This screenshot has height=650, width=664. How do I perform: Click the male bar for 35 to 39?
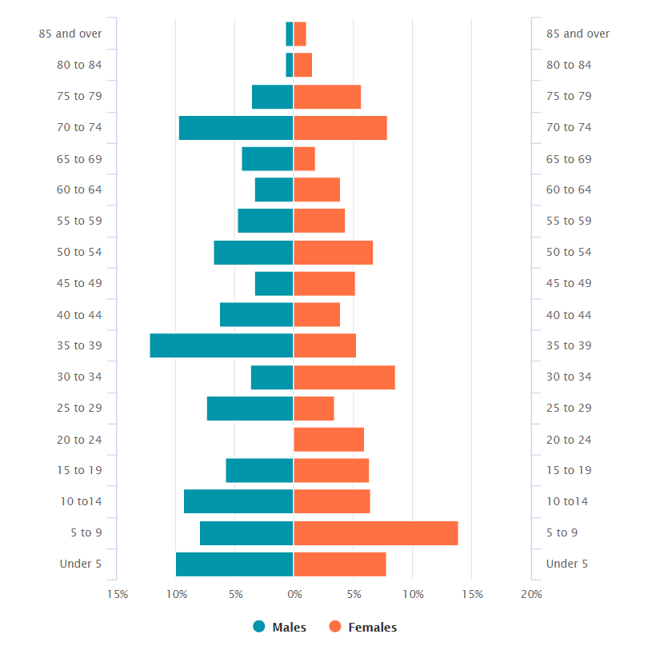pos(222,345)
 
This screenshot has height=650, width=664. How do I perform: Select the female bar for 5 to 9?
pos(376,533)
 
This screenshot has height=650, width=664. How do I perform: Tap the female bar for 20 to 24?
pos(329,440)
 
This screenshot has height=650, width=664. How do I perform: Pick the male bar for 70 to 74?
pos(236,128)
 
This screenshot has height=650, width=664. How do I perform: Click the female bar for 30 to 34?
pos(344,377)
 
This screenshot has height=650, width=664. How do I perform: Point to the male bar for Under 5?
pos(234,564)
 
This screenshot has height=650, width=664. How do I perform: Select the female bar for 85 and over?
pos(300,34)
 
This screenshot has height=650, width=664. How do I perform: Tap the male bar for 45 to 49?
pos(274,284)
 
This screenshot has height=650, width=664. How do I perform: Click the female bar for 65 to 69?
pos(305,159)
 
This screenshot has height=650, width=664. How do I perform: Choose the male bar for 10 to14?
pos(238,501)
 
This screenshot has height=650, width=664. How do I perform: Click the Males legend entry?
pos(279,628)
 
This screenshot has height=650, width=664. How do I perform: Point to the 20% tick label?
pos(531,594)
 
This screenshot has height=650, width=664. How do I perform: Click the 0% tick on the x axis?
pos(294,594)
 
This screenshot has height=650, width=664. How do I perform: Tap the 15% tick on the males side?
pos(117,594)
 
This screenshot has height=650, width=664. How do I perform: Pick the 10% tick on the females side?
pos(413,594)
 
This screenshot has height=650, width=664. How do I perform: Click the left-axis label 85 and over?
pos(70,34)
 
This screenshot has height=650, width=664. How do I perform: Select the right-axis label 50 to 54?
pos(569,252)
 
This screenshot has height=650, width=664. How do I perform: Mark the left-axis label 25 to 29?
pos(79,408)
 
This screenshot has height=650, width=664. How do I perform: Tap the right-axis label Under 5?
pos(566,564)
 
